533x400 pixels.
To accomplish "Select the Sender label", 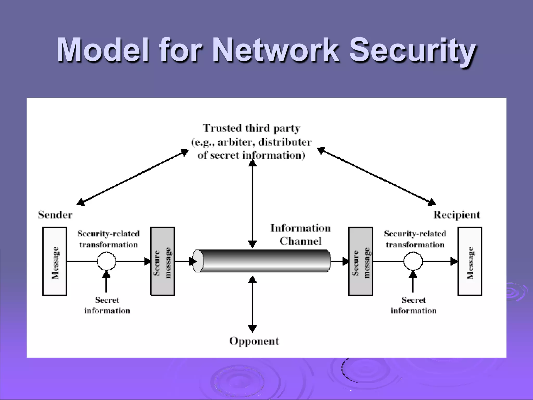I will pos(55,215).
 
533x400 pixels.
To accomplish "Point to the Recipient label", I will pos(456,215).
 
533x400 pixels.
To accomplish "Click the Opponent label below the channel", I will pos(254,341).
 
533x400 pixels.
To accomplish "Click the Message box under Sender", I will pos(55,261).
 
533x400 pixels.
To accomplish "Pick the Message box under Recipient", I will pos(470,261).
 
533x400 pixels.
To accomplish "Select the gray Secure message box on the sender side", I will pos(162,261).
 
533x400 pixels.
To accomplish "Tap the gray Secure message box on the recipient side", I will pos(360,261).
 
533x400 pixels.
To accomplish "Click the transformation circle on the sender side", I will pos(106,261).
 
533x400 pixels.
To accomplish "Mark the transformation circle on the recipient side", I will pos(413,261).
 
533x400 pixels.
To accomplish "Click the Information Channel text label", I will pos(300,234).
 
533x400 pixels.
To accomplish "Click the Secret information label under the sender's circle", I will pos(107,305).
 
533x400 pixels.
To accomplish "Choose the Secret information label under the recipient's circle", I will pos(414,305).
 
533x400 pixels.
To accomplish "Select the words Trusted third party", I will pos(251,128).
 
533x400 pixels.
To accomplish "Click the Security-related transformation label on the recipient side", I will pos(415,239).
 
